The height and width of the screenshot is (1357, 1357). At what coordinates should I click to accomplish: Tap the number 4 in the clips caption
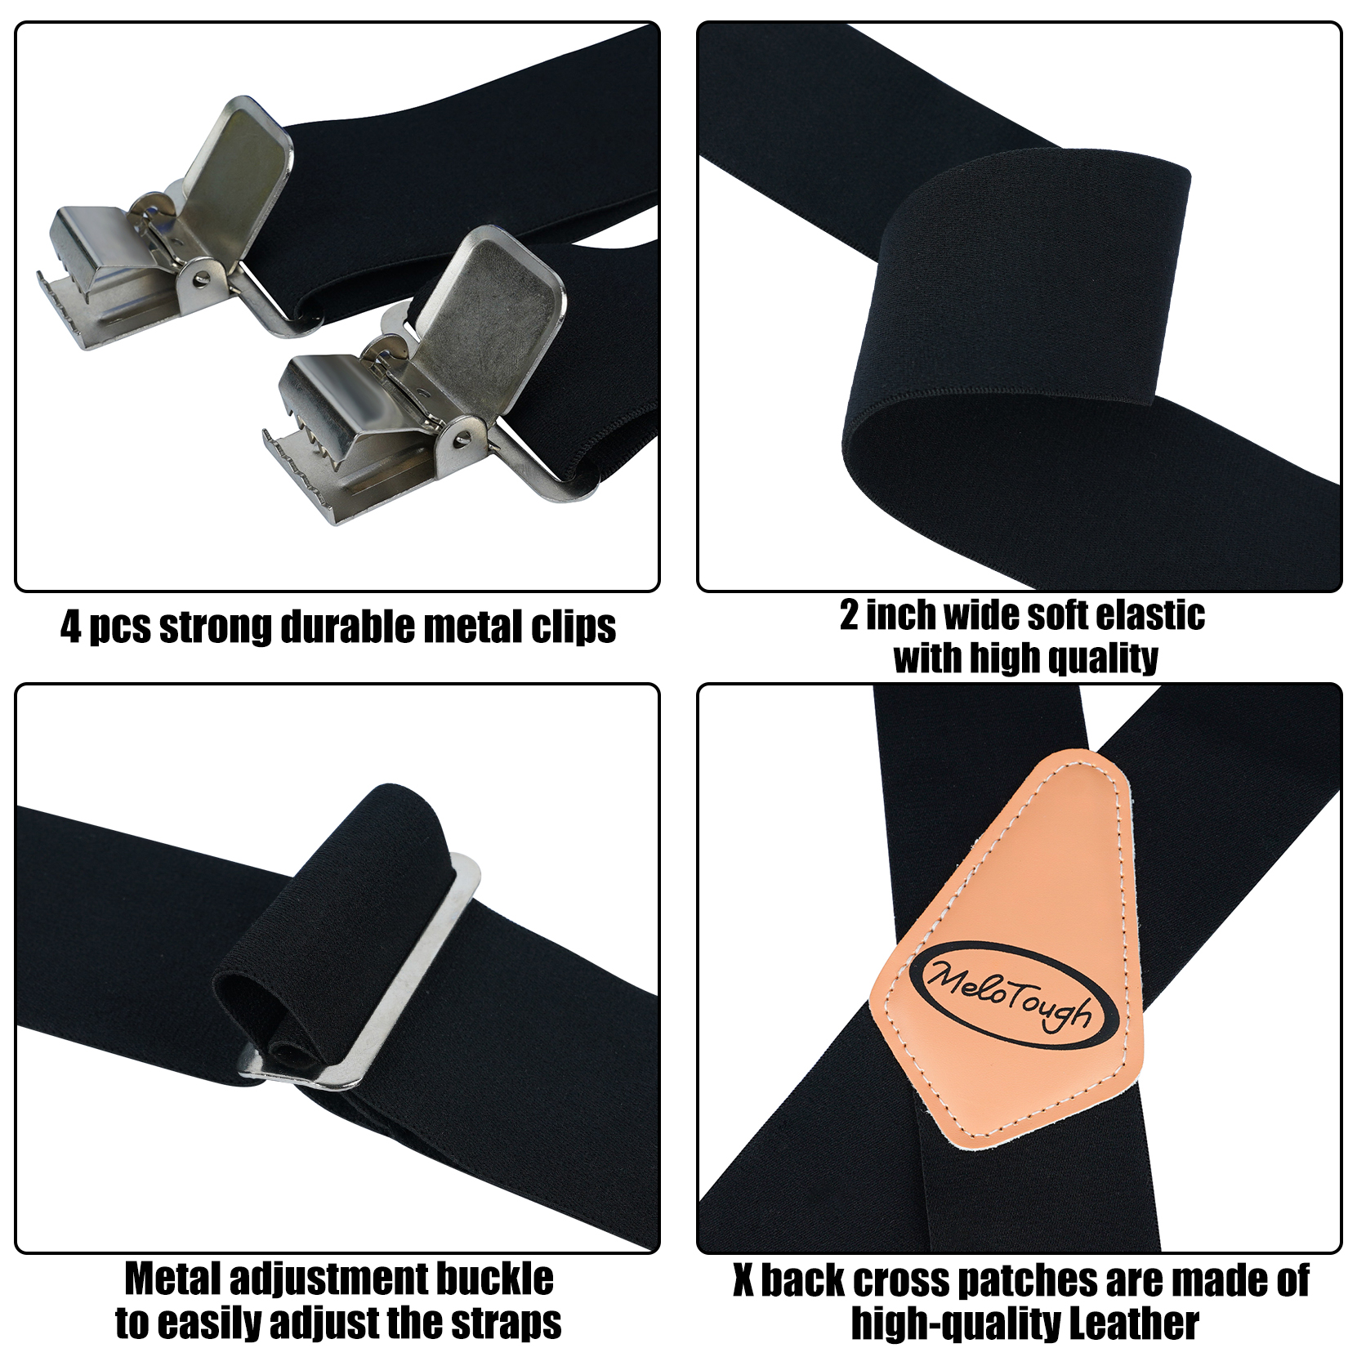click(x=71, y=627)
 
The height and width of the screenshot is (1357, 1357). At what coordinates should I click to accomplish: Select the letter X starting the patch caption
click(x=743, y=1280)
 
